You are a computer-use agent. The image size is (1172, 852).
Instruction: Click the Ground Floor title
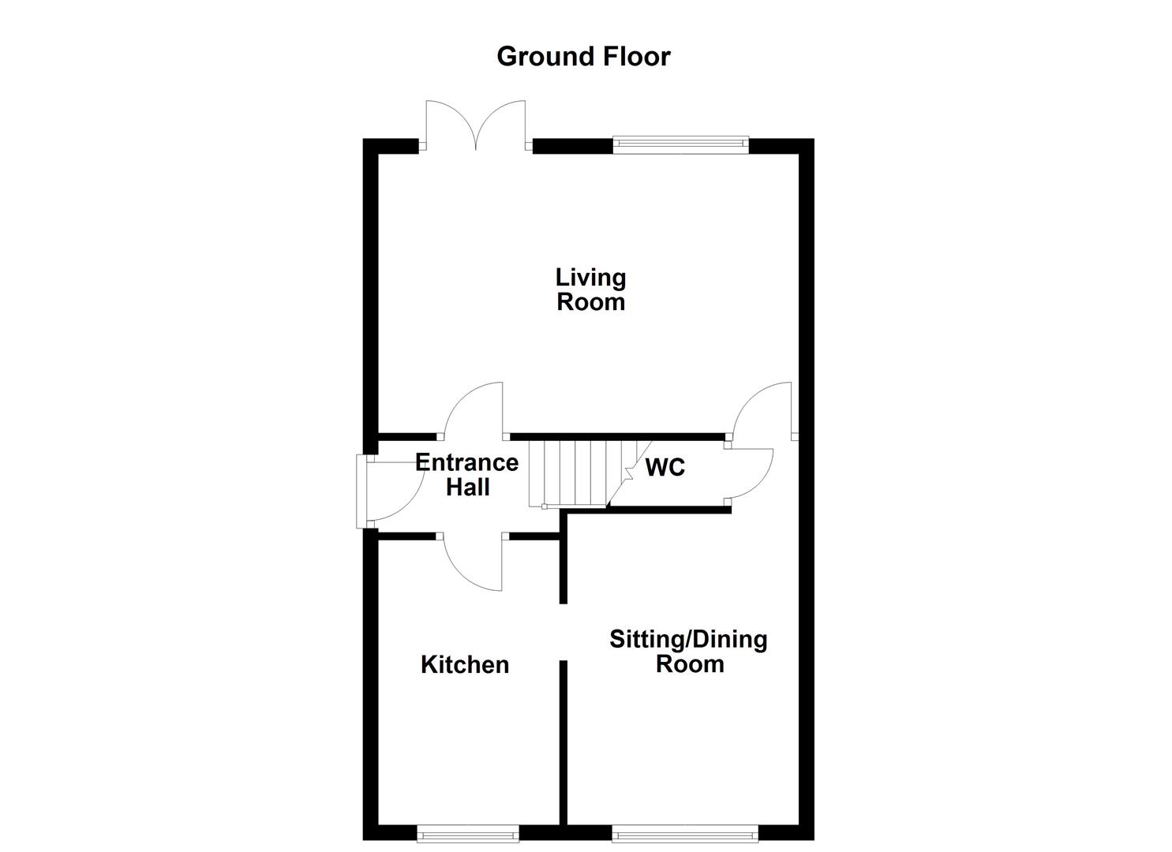click(x=583, y=57)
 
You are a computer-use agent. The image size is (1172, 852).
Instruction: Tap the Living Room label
click(x=590, y=290)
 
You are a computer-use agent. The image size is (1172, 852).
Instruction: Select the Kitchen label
click(x=465, y=665)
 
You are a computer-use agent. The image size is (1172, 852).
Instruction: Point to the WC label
click(x=665, y=468)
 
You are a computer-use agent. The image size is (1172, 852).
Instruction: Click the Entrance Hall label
click(x=467, y=475)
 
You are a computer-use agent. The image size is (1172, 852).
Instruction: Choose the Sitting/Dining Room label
click(x=688, y=651)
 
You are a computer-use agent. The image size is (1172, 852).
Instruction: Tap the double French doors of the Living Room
click(x=475, y=125)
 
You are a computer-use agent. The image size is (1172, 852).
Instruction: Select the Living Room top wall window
click(x=680, y=143)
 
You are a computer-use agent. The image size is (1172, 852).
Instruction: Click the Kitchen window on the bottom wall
click(x=468, y=833)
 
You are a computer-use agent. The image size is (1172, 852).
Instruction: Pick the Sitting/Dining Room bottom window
click(x=684, y=833)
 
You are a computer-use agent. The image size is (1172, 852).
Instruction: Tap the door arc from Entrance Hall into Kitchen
click(x=472, y=564)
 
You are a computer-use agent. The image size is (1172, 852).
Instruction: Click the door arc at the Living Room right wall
click(x=762, y=409)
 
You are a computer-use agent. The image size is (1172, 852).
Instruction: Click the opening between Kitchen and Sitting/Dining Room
click(x=563, y=632)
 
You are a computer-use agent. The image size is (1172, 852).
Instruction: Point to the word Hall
click(x=468, y=488)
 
